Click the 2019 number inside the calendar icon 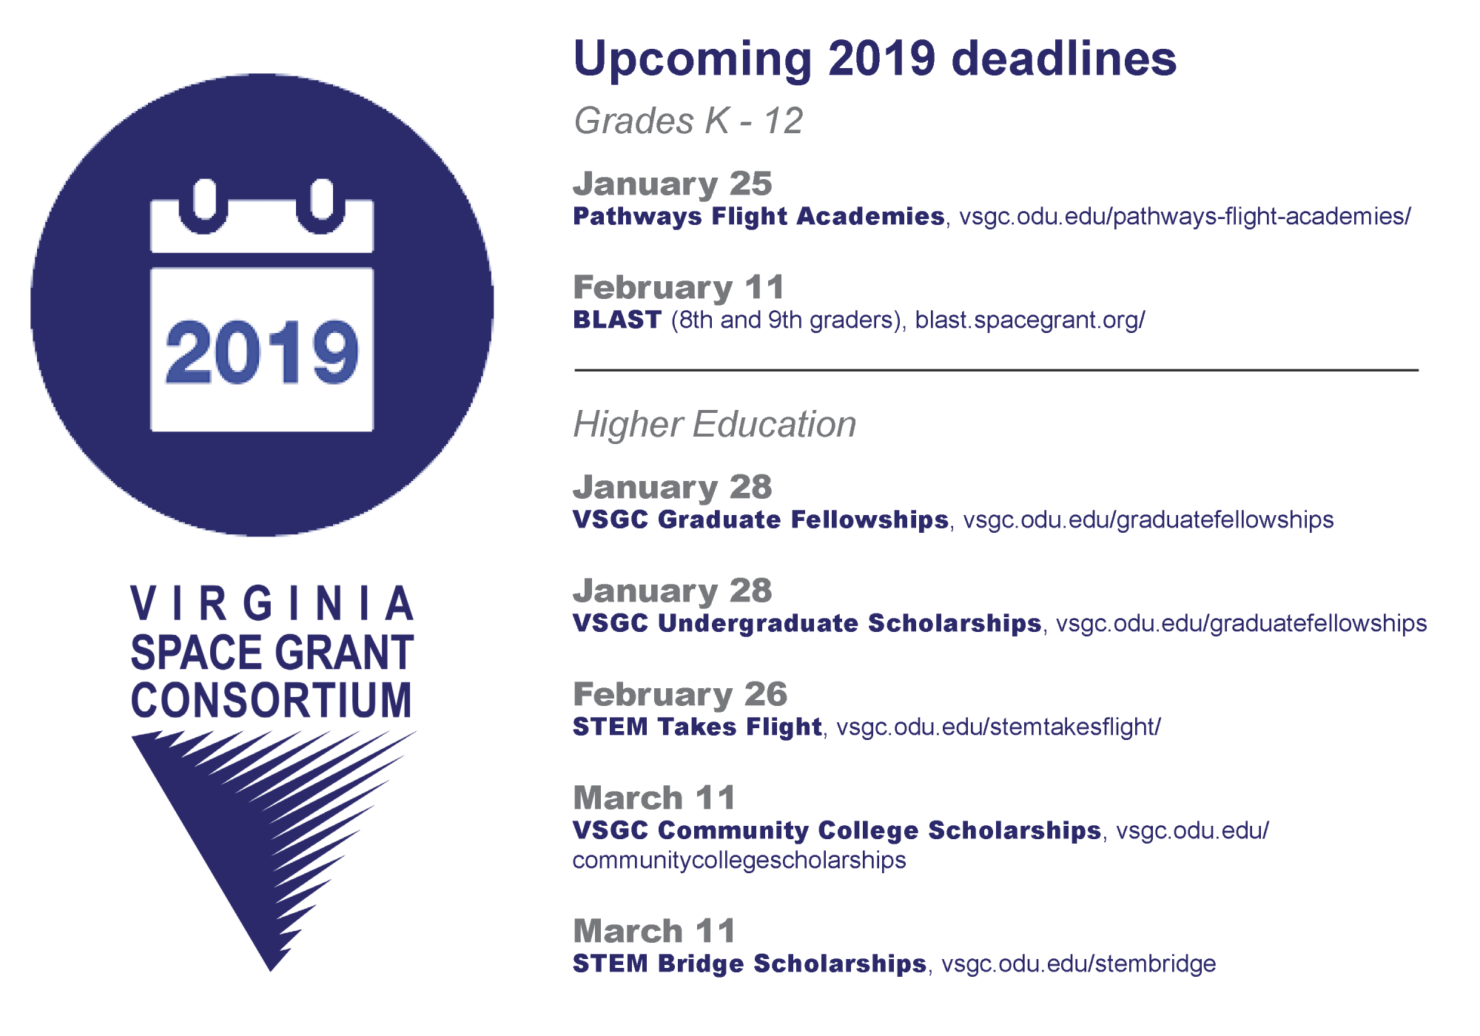click(262, 352)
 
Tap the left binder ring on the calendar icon click(203, 206)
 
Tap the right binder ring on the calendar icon click(321, 206)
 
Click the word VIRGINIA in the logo click(272, 603)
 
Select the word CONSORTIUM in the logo click(272, 699)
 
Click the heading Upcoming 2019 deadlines click(875, 59)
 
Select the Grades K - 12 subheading click(688, 121)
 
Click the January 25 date click(673, 184)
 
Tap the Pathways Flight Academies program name click(758, 216)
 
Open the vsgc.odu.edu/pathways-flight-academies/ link click(1185, 216)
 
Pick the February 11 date click(679, 287)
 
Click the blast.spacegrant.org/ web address click(1030, 320)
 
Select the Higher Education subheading click(715, 424)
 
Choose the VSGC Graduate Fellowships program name click(761, 519)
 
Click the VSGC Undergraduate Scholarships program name click(807, 623)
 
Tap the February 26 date click(680, 694)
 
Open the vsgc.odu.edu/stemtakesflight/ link click(998, 727)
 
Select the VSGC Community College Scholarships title click(837, 830)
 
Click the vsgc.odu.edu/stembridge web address click(1078, 963)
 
